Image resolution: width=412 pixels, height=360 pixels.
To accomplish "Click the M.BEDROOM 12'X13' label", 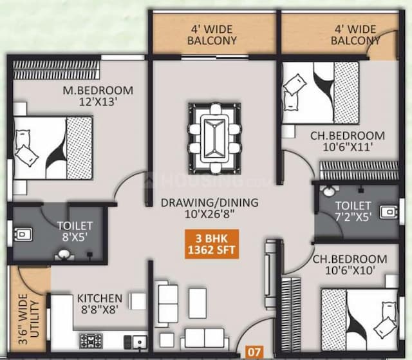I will (98, 96).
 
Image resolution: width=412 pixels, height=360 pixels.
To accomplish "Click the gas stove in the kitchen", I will (89, 340).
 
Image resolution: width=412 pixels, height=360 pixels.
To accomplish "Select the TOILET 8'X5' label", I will (75, 231).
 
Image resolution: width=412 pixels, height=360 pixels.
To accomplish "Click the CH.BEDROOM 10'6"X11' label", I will (348, 141).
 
